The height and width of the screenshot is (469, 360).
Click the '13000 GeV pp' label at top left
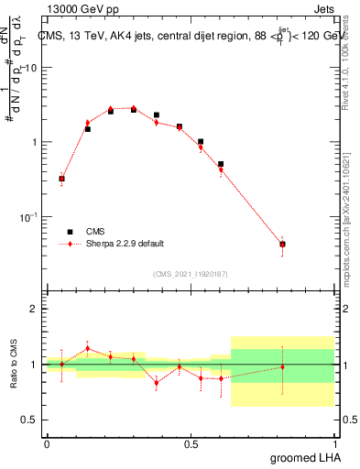point(83,9)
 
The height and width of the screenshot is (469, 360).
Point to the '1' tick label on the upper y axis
point(36,143)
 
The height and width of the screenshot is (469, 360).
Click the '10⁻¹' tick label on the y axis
point(30,217)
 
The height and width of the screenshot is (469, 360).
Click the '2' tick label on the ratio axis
point(36,310)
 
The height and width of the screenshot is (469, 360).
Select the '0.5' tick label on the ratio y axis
point(30,420)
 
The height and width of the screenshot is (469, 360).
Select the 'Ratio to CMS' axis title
point(14,364)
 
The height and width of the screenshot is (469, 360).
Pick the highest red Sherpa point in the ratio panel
point(87,348)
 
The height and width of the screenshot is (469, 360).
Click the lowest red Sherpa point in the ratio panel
point(157,383)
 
